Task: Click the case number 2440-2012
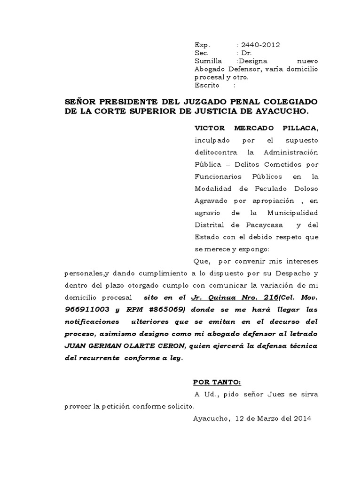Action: coord(261,45)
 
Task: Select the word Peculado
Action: coord(258,189)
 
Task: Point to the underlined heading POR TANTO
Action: coord(217,382)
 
